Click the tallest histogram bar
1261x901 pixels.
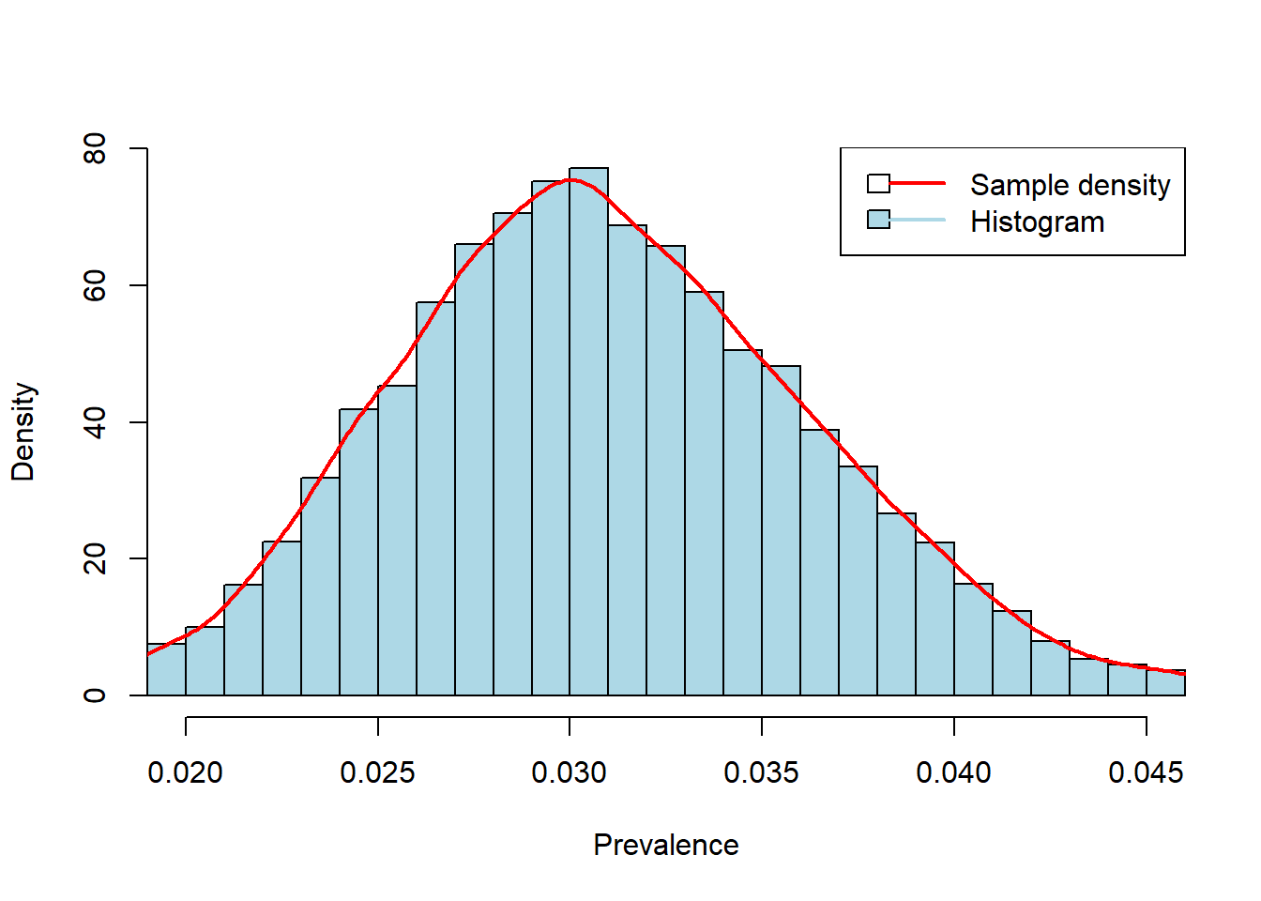point(588,432)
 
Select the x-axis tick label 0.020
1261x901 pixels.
point(186,772)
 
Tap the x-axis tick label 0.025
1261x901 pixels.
point(378,772)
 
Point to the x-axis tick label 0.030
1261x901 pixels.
point(570,772)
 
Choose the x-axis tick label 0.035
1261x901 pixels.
point(762,772)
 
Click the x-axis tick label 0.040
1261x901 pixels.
point(954,772)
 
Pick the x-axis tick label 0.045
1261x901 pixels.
point(1146,772)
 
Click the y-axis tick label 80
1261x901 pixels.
point(95,148)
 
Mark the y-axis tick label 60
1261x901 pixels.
point(95,285)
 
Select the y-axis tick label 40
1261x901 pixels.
point(95,422)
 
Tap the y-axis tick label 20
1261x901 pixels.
point(95,558)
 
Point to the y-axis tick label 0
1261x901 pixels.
point(95,695)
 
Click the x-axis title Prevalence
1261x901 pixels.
point(666,845)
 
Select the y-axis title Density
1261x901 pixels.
point(23,432)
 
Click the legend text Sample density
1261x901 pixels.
point(1070,185)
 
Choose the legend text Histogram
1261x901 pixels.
point(1037,221)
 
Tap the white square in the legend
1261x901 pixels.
point(878,183)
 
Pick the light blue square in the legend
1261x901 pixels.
point(878,220)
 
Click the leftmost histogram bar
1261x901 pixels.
point(166,670)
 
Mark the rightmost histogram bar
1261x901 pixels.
point(1166,683)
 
